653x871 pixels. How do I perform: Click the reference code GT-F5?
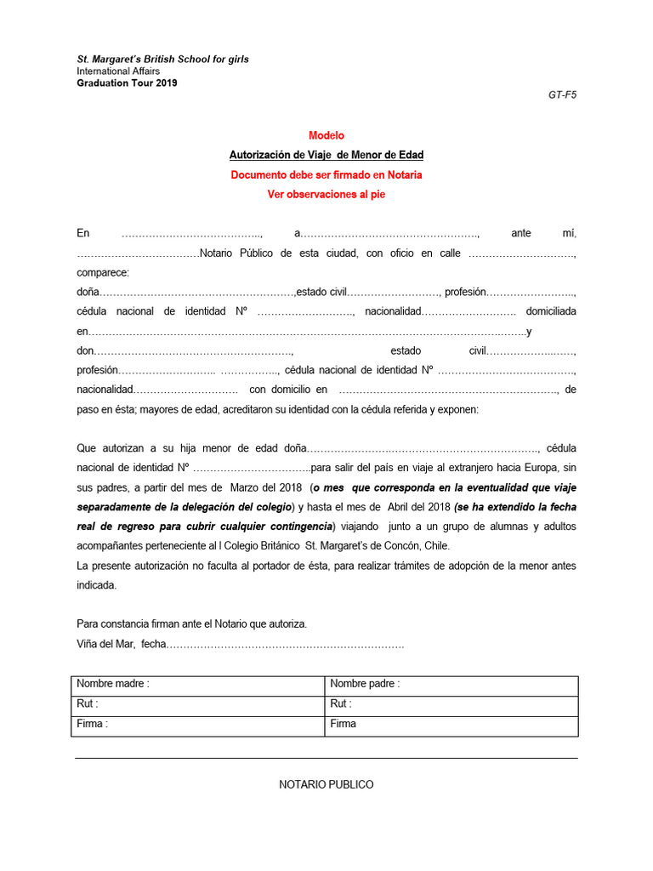(562, 95)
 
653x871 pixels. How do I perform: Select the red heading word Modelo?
(326, 135)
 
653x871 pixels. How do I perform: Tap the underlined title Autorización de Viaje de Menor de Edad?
(326, 155)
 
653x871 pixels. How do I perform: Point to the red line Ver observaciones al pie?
(326, 194)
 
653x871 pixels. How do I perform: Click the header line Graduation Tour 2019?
(128, 83)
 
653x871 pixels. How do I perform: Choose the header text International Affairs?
(118, 71)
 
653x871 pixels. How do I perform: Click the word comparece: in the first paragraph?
(103, 272)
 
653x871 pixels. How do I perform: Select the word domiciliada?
(551, 311)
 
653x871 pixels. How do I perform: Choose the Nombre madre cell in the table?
(113, 684)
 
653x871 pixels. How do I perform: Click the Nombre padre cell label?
(365, 684)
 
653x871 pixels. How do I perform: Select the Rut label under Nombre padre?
(341, 703)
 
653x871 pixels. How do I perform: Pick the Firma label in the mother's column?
(92, 724)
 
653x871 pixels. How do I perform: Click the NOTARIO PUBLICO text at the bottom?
(326, 784)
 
